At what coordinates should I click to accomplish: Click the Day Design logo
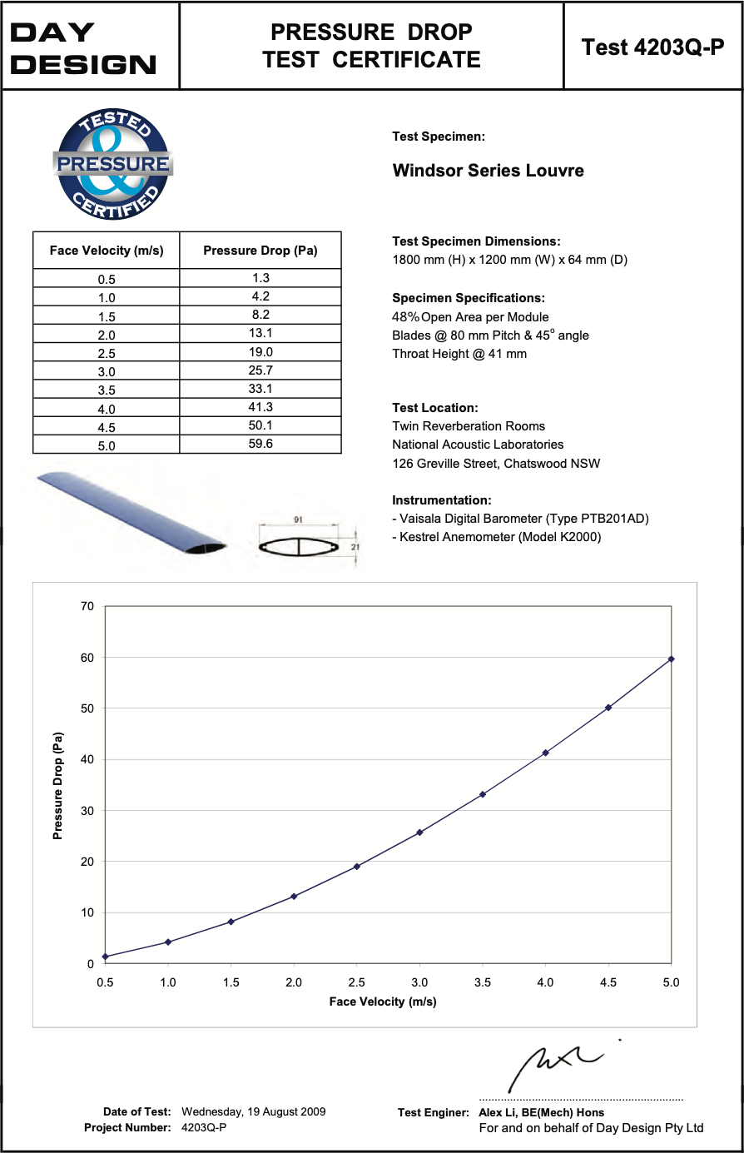pyautogui.click(x=83, y=48)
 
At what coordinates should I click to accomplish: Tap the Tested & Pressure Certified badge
pyautogui.click(x=112, y=165)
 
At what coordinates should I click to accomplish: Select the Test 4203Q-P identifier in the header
pyautogui.click(x=652, y=47)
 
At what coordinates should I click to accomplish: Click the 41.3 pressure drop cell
pyautogui.click(x=260, y=407)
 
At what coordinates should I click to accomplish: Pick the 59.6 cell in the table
pyautogui.click(x=260, y=444)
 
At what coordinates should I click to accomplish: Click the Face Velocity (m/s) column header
pyautogui.click(x=107, y=251)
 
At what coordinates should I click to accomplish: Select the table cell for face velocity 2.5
pyautogui.click(x=107, y=353)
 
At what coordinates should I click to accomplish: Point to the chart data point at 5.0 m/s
pyautogui.click(x=671, y=659)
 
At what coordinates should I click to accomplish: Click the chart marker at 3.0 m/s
pyautogui.click(x=419, y=832)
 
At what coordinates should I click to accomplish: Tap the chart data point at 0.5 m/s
pyautogui.click(x=105, y=957)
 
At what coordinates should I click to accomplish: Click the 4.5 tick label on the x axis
pyautogui.click(x=608, y=982)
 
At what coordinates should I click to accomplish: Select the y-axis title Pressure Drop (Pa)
pyautogui.click(x=58, y=786)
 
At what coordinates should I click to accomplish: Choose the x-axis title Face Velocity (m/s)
pyautogui.click(x=383, y=1001)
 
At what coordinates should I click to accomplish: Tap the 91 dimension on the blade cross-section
pyautogui.click(x=298, y=519)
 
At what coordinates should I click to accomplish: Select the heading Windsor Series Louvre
pyautogui.click(x=489, y=171)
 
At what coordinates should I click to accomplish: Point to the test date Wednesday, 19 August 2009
pyautogui.click(x=254, y=1111)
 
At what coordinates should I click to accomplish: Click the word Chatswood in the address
pyautogui.click(x=535, y=463)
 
